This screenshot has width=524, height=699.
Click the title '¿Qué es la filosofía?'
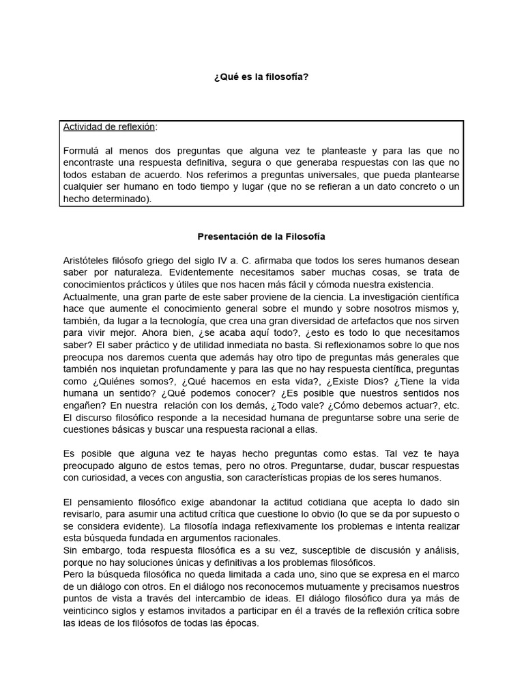pyautogui.click(x=261, y=77)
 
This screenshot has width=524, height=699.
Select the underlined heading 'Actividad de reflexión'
pyautogui.click(x=108, y=127)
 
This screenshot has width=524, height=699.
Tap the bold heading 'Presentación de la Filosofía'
pyautogui.click(x=261, y=237)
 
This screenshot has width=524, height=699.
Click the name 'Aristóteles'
pyautogui.click(x=87, y=261)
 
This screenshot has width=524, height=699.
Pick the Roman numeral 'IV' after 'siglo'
pyautogui.click(x=227, y=261)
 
